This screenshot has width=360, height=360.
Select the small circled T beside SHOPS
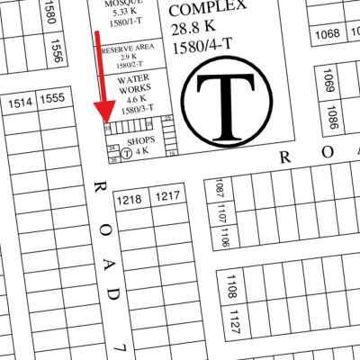(126, 153)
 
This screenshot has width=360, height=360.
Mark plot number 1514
(21, 104)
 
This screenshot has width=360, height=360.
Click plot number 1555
(53, 98)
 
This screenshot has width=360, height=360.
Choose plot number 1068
(328, 34)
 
